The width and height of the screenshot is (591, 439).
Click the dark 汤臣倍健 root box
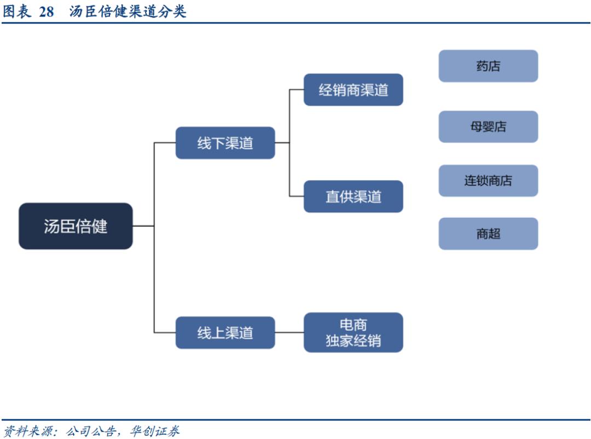[76, 226]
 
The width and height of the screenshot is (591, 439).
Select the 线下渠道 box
[225, 143]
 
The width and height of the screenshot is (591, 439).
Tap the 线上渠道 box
[225, 332]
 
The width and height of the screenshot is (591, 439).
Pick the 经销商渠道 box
[353, 90]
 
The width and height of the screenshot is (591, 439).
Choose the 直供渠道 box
[353, 197]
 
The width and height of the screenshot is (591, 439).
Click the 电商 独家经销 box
[353, 332]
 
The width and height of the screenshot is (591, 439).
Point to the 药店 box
[488, 66]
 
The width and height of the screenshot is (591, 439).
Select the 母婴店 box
[488, 126]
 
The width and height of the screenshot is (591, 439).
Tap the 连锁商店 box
[488, 181]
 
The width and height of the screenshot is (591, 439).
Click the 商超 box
[488, 234]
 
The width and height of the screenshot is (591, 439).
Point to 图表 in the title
[17, 11]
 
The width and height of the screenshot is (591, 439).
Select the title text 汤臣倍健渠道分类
[128, 11]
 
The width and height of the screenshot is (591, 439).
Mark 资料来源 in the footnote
[28, 431]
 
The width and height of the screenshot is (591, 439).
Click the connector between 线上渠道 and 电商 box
[289, 332]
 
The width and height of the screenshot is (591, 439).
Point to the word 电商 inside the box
[353, 325]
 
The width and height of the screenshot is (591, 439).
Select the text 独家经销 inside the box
[353, 340]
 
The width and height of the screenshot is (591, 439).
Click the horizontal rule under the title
[296, 23]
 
